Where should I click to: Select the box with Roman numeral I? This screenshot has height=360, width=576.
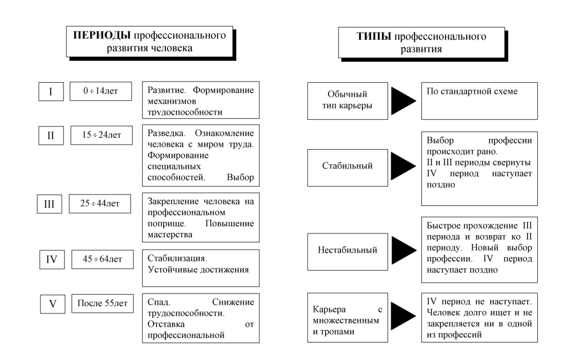[x=51, y=92]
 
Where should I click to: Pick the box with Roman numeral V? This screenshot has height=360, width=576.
[x=53, y=304]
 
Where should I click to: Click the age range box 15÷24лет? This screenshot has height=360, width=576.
[x=100, y=136]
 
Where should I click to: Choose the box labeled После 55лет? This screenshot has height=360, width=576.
[x=102, y=304]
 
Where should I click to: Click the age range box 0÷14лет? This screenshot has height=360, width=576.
[x=100, y=91]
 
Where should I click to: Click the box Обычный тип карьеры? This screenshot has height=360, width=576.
[x=343, y=100]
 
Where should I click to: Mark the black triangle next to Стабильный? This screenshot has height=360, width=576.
[x=403, y=166]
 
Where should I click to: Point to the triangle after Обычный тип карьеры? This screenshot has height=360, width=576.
[x=403, y=100]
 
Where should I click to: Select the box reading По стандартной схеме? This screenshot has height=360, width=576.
[x=479, y=100]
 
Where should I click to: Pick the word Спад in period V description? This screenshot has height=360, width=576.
[x=157, y=302]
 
